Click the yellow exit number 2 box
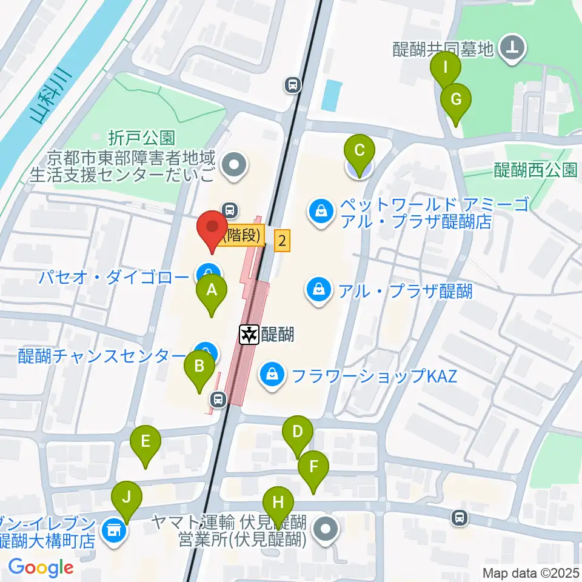coord(282,240)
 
